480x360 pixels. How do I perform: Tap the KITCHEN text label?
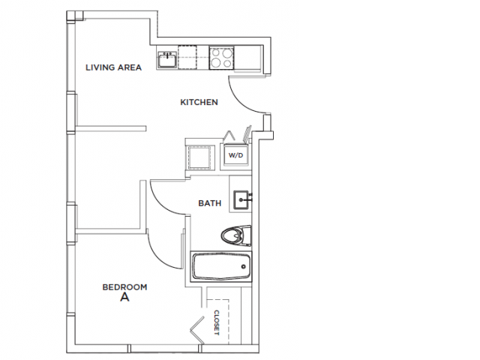coord(199,102)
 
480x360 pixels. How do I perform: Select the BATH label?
coord(208,203)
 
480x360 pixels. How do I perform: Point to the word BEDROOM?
coord(124,286)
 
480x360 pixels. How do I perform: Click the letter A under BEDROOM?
coord(124,298)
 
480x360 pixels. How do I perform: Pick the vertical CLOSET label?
coord(217,322)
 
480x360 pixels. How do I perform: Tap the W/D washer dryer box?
coord(236,156)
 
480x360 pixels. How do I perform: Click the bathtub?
coord(221,267)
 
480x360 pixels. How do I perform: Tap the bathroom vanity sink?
coord(241,199)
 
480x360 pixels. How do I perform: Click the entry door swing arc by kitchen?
coord(244,94)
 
